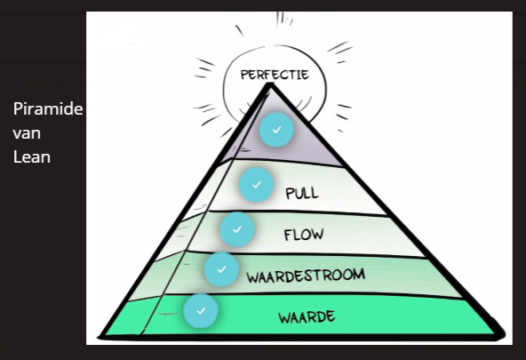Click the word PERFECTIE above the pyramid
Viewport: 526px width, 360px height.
point(275,75)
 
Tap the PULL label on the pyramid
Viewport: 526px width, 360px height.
point(302,193)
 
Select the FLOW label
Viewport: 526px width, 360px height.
point(304,235)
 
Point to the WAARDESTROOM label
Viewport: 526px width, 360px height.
point(306,276)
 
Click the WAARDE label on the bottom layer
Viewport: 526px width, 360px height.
point(307,317)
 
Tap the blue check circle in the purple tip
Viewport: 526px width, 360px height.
point(276,130)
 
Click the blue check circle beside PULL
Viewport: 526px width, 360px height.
point(256,185)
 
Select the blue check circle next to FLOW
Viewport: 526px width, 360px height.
point(237,229)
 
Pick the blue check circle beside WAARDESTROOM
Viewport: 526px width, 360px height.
point(221,269)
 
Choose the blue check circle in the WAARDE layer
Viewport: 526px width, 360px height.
point(201,311)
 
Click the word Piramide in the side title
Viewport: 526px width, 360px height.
point(48,109)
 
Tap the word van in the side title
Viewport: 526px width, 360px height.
point(27,133)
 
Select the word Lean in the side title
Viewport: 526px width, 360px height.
point(32,157)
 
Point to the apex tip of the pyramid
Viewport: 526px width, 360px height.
point(270,84)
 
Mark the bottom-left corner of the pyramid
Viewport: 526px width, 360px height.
point(100,336)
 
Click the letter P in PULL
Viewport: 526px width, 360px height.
point(289,194)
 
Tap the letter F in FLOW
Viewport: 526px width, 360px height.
point(288,236)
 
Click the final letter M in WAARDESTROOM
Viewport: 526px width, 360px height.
point(359,275)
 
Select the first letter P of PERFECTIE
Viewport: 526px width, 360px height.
point(244,75)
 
